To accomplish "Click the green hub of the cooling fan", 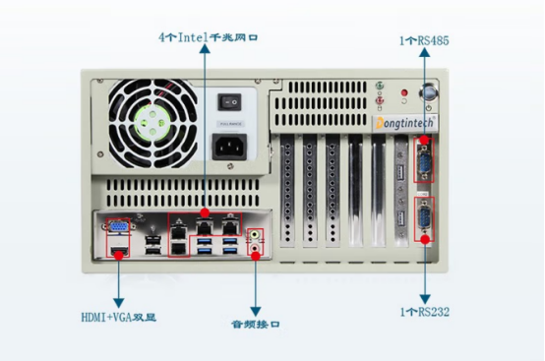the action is [x=153, y=125].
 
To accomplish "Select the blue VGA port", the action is [x=117, y=229].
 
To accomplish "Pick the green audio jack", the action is [x=257, y=235].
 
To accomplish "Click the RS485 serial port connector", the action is [x=425, y=160].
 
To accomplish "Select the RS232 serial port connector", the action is [x=425, y=217].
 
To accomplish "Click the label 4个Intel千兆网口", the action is [x=213, y=36].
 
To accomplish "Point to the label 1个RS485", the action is [x=425, y=40].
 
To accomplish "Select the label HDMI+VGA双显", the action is [x=119, y=318].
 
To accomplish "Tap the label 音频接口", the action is [x=256, y=324].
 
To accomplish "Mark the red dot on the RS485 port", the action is [x=425, y=140].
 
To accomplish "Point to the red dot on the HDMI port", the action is [x=118, y=255].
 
